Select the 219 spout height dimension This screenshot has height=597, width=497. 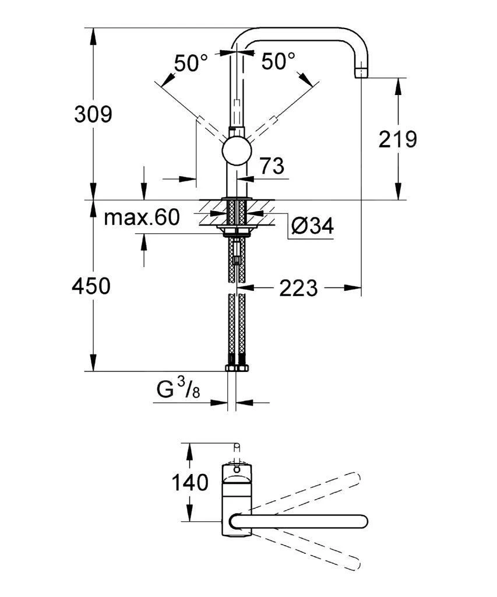coord(398,139)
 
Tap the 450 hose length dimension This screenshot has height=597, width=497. coord(91,286)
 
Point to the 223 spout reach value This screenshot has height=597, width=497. coord(298,287)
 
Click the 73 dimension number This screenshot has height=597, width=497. coord(272,167)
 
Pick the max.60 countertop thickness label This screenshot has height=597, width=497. coord(141,218)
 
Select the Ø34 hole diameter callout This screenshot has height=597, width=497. coord(312,226)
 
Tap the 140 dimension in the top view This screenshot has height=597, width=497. coord(189,483)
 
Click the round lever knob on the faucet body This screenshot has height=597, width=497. coord(236,153)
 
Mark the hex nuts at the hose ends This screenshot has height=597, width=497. coord(236,368)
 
